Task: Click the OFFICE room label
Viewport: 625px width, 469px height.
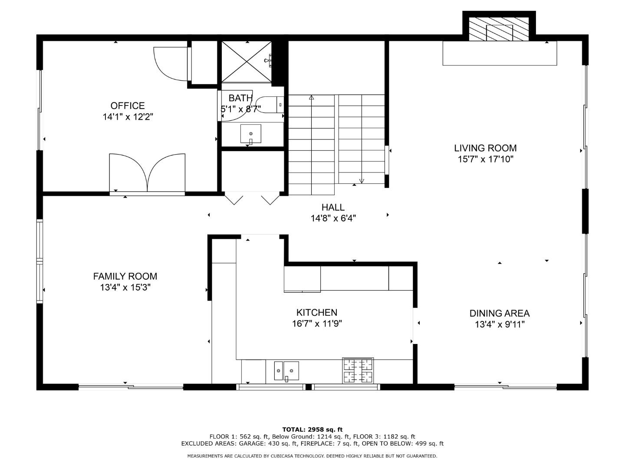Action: pos(127,106)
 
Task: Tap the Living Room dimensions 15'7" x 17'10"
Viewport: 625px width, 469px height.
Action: pos(485,159)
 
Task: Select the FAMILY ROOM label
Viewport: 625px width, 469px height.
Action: pos(125,276)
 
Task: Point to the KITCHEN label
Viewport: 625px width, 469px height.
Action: pos(316,313)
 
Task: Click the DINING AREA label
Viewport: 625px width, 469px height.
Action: pos(499,314)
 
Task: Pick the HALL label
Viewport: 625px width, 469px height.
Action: pos(333,208)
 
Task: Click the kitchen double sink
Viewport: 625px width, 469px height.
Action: pos(286,371)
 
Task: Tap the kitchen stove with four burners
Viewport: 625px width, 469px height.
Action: pos(358,371)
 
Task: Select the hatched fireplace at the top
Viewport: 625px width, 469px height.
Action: pos(499,30)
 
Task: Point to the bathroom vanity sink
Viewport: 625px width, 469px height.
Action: pos(251,134)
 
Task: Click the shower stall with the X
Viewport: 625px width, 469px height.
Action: pos(247,62)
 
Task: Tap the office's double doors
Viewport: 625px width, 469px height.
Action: pos(147,173)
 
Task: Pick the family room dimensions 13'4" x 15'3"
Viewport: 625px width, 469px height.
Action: pos(125,287)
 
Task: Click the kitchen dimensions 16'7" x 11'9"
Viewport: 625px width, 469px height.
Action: pos(316,324)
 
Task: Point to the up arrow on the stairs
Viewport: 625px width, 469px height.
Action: pos(311,98)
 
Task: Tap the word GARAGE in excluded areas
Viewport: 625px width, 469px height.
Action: pos(251,443)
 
